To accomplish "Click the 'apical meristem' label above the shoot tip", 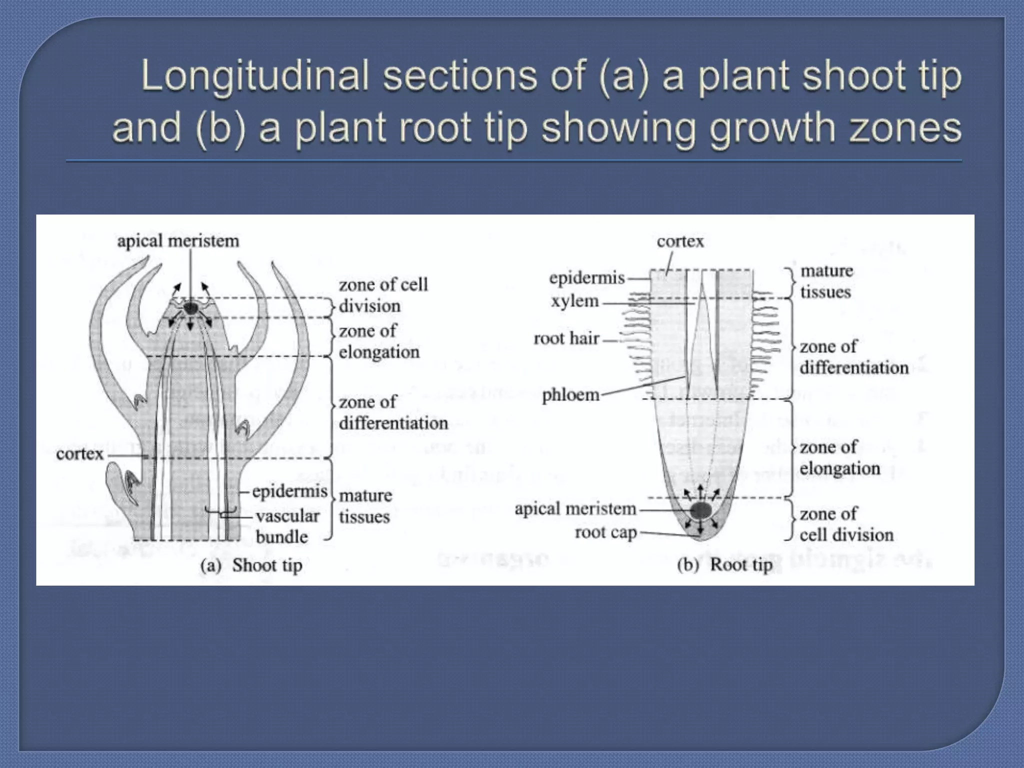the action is (x=178, y=241).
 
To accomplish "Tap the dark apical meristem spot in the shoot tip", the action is (x=190, y=308).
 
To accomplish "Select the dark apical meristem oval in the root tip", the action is (x=701, y=510).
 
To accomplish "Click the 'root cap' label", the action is (x=605, y=532).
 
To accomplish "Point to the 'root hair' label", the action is (x=566, y=338).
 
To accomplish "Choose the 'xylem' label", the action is (x=575, y=301).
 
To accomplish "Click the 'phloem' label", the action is (x=570, y=395).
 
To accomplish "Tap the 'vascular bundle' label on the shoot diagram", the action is (x=287, y=526).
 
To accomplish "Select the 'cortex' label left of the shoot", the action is (x=79, y=454).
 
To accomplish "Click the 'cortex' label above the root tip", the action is (x=680, y=241).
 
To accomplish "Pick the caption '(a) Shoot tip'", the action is (x=251, y=565).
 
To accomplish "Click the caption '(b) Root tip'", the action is (x=724, y=565).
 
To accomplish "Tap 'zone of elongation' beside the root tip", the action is (x=839, y=457).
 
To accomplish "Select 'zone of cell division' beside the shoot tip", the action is (x=383, y=295).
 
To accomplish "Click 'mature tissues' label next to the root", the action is (x=826, y=281).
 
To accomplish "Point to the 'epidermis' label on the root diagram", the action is (x=587, y=278).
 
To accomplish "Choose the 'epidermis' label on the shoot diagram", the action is (x=289, y=491).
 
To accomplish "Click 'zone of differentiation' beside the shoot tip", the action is (x=393, y=412).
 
